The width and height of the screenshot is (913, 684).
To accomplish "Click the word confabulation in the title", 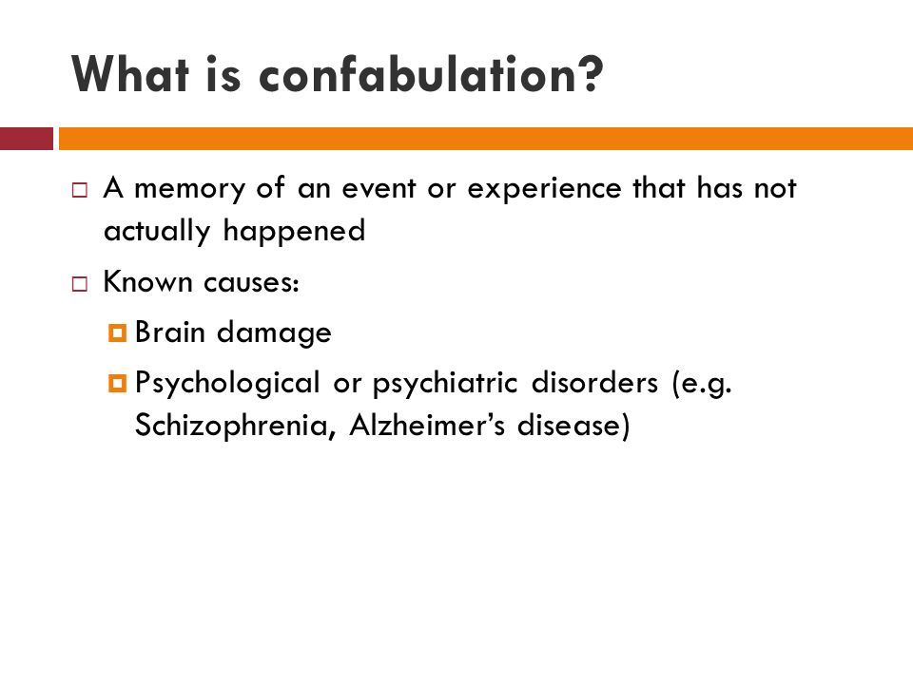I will point(432,73).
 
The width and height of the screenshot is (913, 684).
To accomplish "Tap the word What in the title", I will point(130,73).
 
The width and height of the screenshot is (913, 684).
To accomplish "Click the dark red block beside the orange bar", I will point(27,139).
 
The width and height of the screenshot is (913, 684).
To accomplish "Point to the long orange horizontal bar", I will point(485,139).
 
